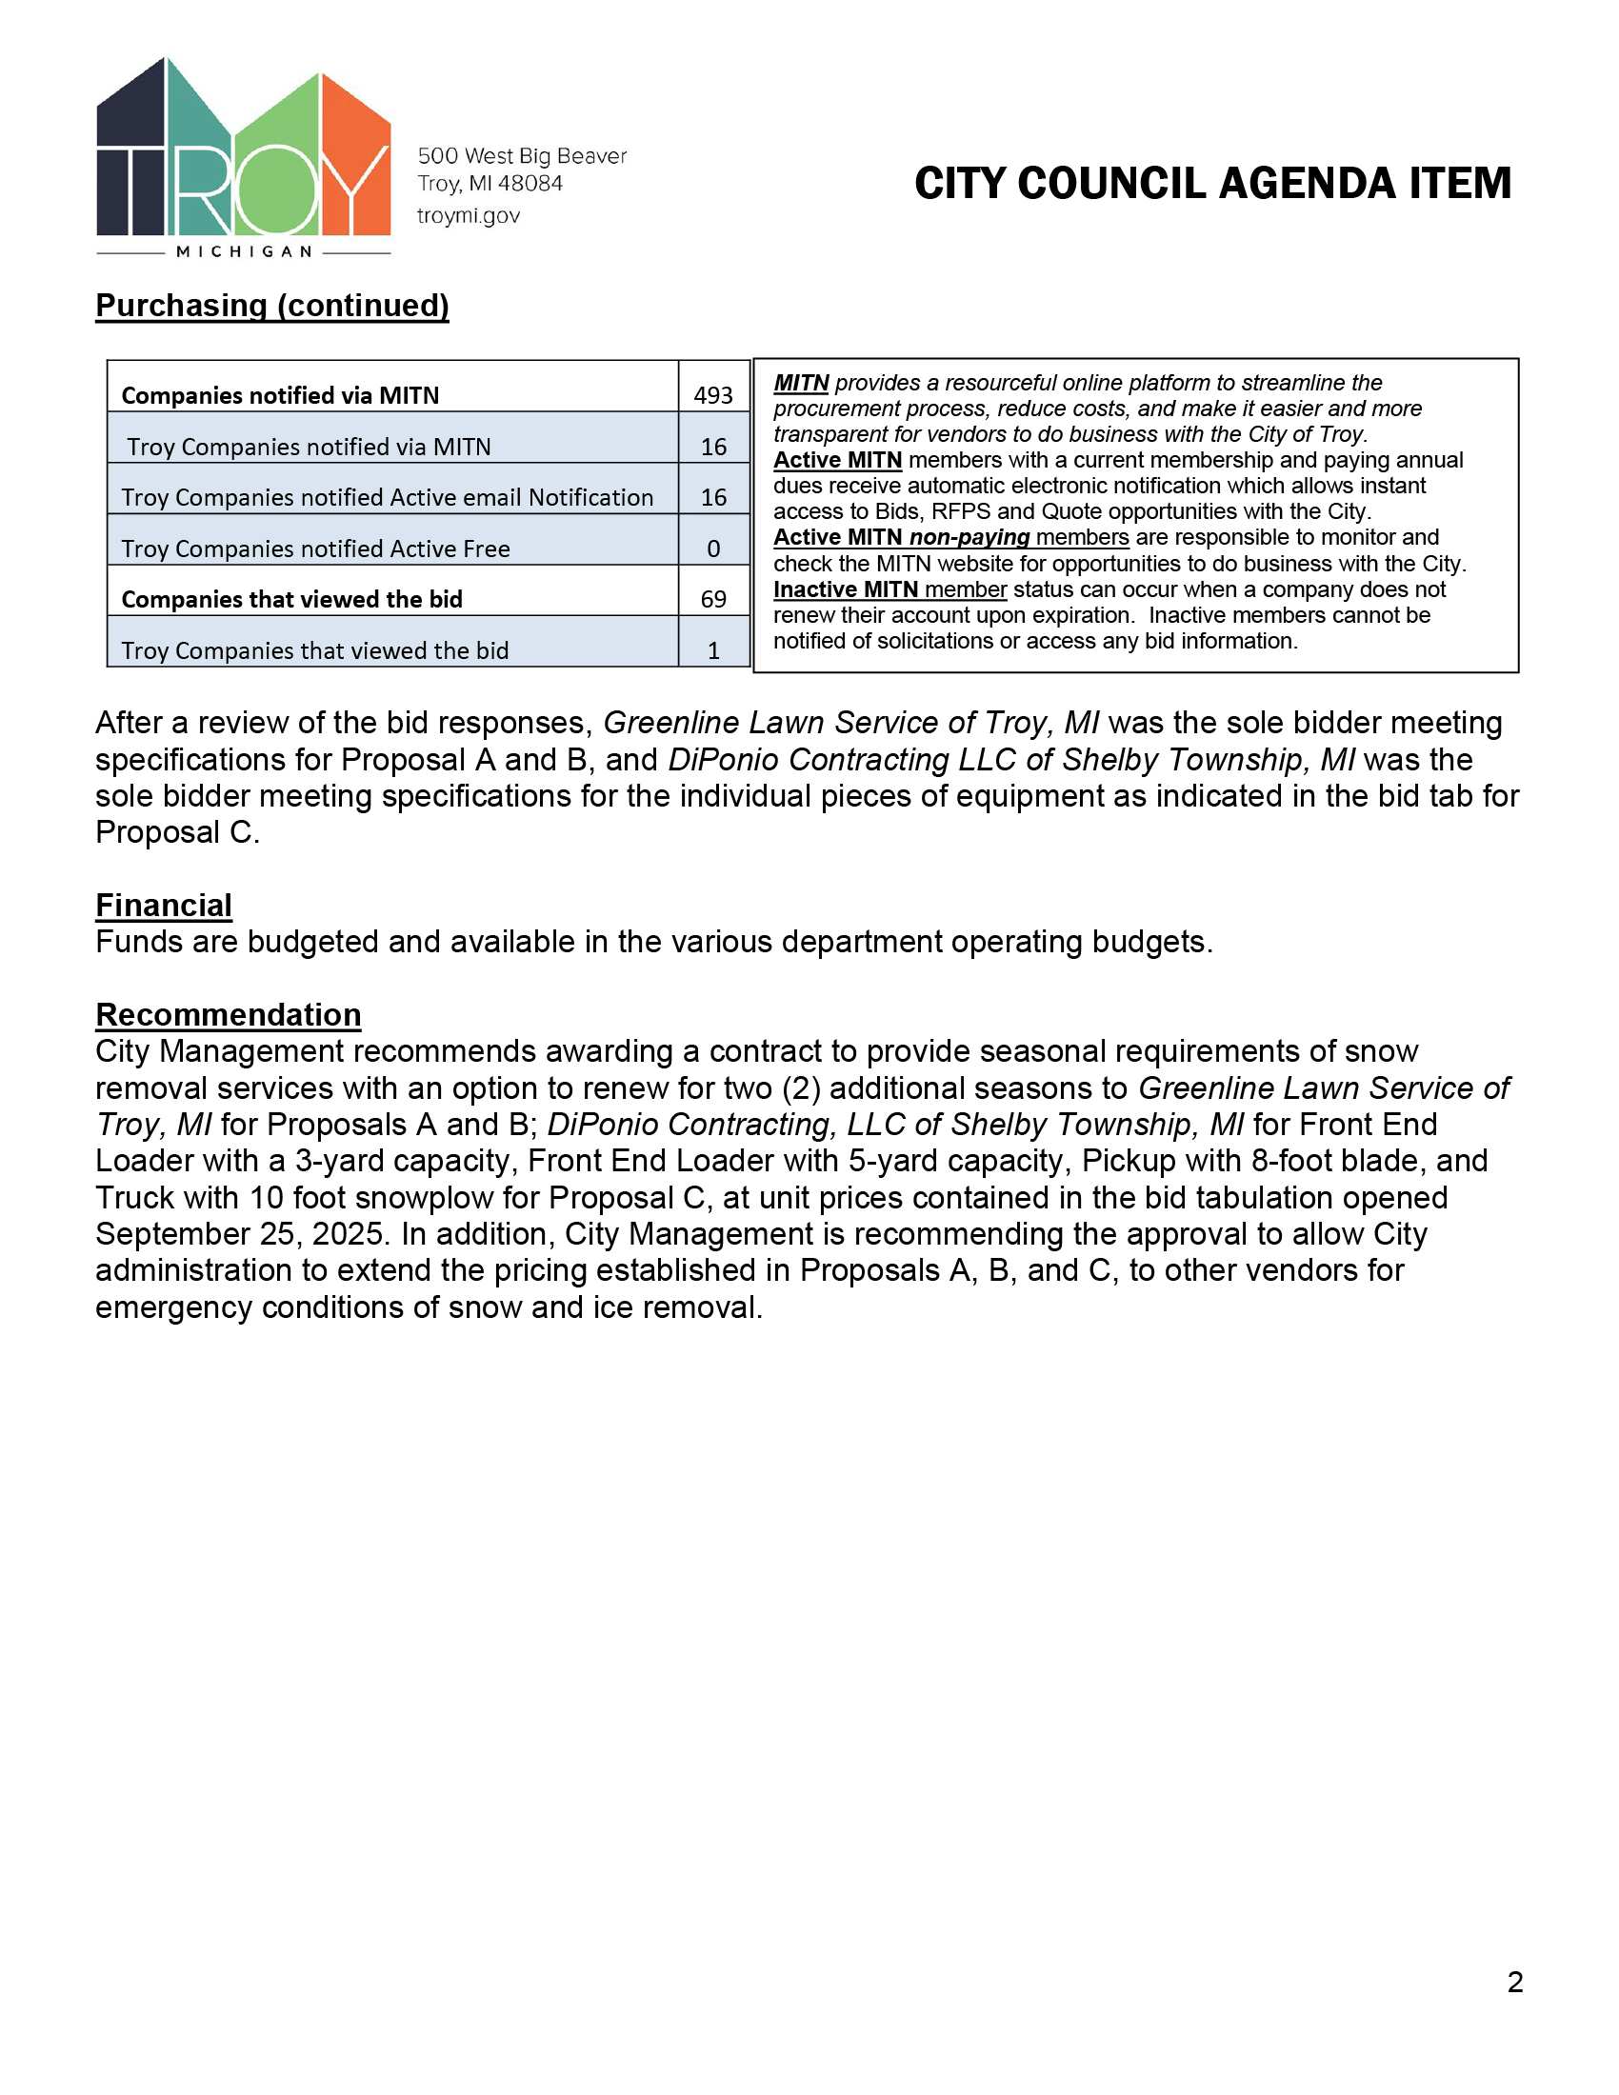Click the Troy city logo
(x=244, y=153)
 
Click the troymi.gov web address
(x=468, y=216)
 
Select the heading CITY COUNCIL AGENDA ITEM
(x=1212, y=183)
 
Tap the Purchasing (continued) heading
(x=272, y=305)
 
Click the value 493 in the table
(x=712, y=395)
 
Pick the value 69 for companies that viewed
(x=712, y=599)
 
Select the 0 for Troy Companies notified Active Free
(x=712, y=549)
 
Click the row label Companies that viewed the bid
(x=291, y=600)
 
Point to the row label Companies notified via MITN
(x=280, y=395)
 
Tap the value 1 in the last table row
(x=712, y=650)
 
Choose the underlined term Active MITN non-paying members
(x=950, y=537)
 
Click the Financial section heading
(x=164, y=905)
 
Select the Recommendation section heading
(x=229, y=1014)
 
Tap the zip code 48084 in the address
(x=530, y=183)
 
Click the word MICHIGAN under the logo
(x=245, y=251)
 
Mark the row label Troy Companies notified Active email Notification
(x=387, y=497)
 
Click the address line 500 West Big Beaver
(x=522, y=155)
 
